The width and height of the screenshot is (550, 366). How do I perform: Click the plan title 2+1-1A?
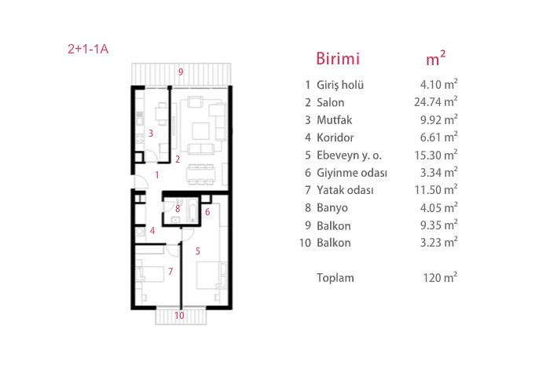(x=88, y=49)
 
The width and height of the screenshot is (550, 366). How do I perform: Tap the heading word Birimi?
(x=338, y=59)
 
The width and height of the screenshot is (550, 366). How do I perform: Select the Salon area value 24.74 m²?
(x=435, y=101)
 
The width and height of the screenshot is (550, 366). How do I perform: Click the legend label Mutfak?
(x=334, y=120)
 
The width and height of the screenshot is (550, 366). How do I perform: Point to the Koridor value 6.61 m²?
(x=438, y=137)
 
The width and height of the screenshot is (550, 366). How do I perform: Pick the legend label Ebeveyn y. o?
(x=349, y=155)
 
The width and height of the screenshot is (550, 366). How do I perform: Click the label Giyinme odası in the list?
(x=352, y=173)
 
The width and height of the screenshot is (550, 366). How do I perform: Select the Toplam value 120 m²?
(x=440, y=278)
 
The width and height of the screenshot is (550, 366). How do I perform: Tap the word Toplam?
(x=335, y=278)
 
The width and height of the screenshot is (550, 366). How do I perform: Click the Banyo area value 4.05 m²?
(x=438, y=207)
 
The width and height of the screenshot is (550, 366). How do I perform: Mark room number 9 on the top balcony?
(x=181, y=72)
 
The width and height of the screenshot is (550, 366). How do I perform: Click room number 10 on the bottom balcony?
(x=179, y=316)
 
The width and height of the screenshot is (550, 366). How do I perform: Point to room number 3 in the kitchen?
(x=151, y=134)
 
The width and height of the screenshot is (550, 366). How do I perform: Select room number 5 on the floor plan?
(x=198, y=251)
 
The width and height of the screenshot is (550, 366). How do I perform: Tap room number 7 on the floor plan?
(x=170, y=271)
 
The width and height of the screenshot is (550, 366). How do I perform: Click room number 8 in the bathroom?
(x=178, y=209)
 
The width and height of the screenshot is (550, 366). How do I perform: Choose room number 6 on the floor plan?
(x=207, y=212)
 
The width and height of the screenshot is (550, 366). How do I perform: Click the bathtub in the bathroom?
(x=192, y=210)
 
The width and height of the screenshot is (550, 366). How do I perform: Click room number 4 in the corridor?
(x=152, y=231)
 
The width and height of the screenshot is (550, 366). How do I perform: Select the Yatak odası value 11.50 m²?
(x=436, y=189)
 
